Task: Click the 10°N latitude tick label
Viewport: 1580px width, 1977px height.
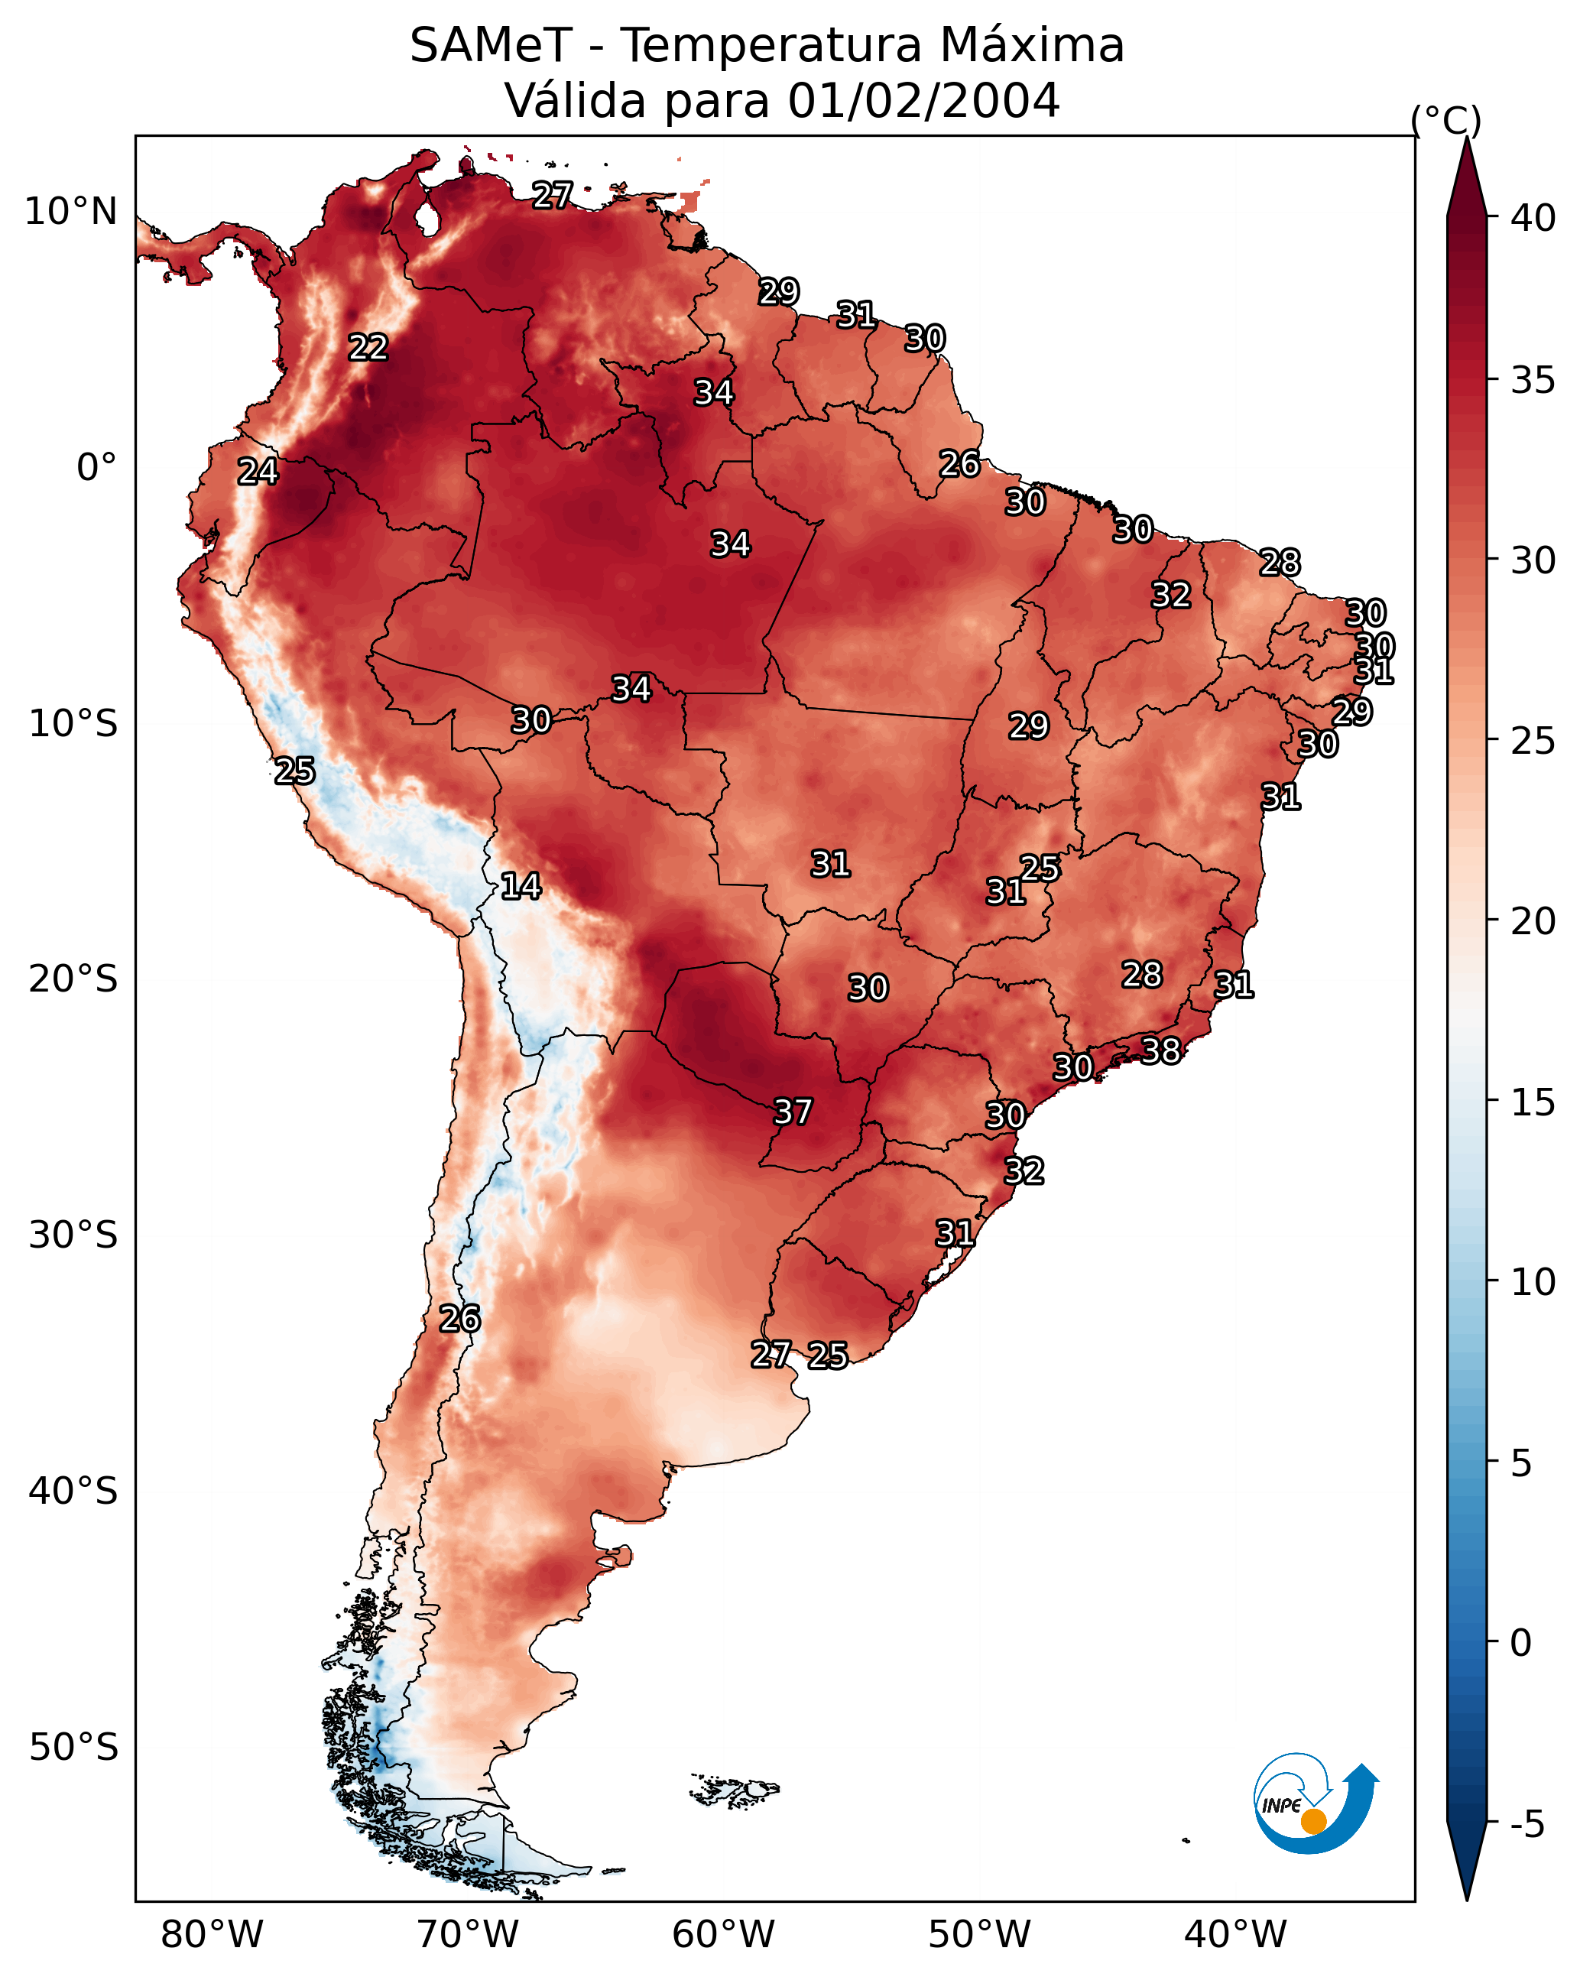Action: click(x=70, y=212)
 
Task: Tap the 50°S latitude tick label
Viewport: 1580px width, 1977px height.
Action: click(x=73, y=1748)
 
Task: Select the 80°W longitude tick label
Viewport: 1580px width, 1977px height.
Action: click(x=212, y=1935)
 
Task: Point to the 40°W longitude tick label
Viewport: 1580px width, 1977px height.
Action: click(x=1235, y=1935)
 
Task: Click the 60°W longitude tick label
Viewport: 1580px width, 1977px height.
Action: click(x=724, y=1935)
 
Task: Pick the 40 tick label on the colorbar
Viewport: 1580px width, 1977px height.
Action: click(x=1533, y=218)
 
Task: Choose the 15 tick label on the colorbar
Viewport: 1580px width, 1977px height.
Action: click(x=1533, y=1102)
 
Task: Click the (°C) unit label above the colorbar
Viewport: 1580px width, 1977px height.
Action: click(x=1446, y=121)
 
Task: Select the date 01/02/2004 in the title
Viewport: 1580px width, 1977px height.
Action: click(x=923, y=100)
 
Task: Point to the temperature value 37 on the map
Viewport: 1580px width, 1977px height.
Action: click(x=793, y=1112)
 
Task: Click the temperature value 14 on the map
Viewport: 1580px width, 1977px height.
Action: click(x=521, y=886)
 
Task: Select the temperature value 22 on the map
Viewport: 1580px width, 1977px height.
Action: click(x=368, y=348)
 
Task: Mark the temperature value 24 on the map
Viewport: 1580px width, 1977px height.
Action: click(x=258, y=472)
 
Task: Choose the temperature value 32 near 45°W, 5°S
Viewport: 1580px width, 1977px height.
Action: click(x=1171, y=595)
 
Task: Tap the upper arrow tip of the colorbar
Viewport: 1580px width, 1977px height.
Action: click(x=1466, y=138)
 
